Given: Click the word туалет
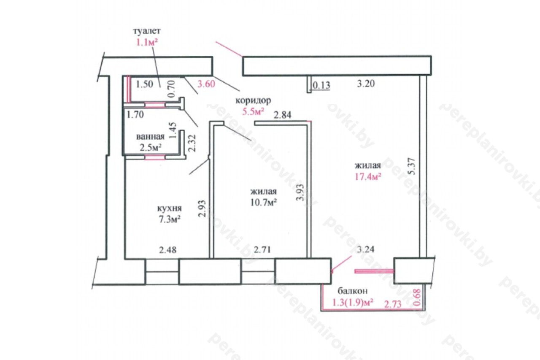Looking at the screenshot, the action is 147,31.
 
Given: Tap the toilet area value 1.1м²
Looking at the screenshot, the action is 147,43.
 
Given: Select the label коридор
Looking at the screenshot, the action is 253,100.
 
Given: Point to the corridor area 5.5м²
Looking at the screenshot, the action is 253,112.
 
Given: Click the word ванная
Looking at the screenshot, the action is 150,137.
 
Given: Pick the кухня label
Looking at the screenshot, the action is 170,208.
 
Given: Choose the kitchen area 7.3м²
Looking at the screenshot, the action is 169,219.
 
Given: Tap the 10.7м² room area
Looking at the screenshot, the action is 264,203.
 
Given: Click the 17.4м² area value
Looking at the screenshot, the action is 368,177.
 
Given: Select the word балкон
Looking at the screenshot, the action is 352,291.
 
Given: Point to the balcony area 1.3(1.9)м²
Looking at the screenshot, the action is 353,302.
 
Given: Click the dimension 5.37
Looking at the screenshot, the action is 412,166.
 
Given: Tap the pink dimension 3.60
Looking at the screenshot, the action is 206,84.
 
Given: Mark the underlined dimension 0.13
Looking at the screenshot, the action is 321,85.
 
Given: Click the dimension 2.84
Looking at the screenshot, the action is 283,115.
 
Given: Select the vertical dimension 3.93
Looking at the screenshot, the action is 300,192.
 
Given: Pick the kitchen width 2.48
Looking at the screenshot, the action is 167,249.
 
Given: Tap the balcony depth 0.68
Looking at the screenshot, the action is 418,297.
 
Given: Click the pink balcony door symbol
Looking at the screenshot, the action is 374,271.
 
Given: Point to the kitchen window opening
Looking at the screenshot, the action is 162,272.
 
